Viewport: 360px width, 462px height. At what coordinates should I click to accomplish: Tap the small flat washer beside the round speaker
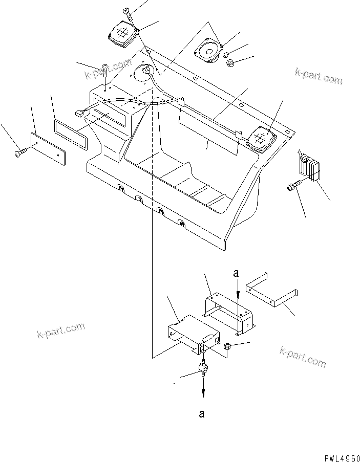click(x=227, y=54)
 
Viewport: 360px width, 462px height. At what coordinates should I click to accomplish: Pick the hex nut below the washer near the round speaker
click(x=230, y=64)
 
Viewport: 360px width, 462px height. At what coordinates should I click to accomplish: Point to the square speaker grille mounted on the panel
click(x=261, y=138)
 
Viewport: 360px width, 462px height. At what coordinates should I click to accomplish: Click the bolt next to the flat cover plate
click(x=20, y=152)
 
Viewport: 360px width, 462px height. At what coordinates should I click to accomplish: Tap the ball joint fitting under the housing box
click(x=203, y=367)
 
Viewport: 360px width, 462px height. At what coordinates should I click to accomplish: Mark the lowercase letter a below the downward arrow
click(x=202, y=414)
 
